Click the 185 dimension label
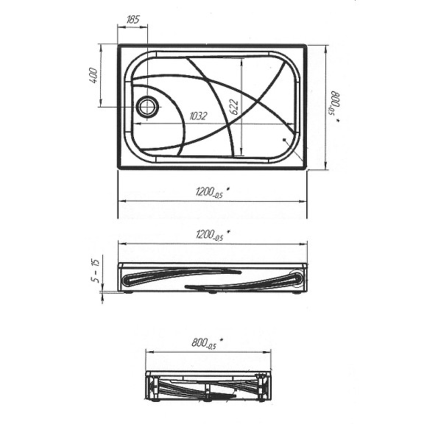tap(133, 20)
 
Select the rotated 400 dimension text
tap(93, 76)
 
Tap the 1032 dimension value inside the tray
tap(198, 116)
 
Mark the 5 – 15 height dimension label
tap(95, 272)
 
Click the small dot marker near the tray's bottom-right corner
tap(284, 138)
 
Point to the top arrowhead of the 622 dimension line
tap(241, 58)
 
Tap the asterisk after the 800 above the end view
tap(222, 339)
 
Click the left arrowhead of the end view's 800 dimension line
tap(148, 352)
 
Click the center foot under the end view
tap(209, 402)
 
